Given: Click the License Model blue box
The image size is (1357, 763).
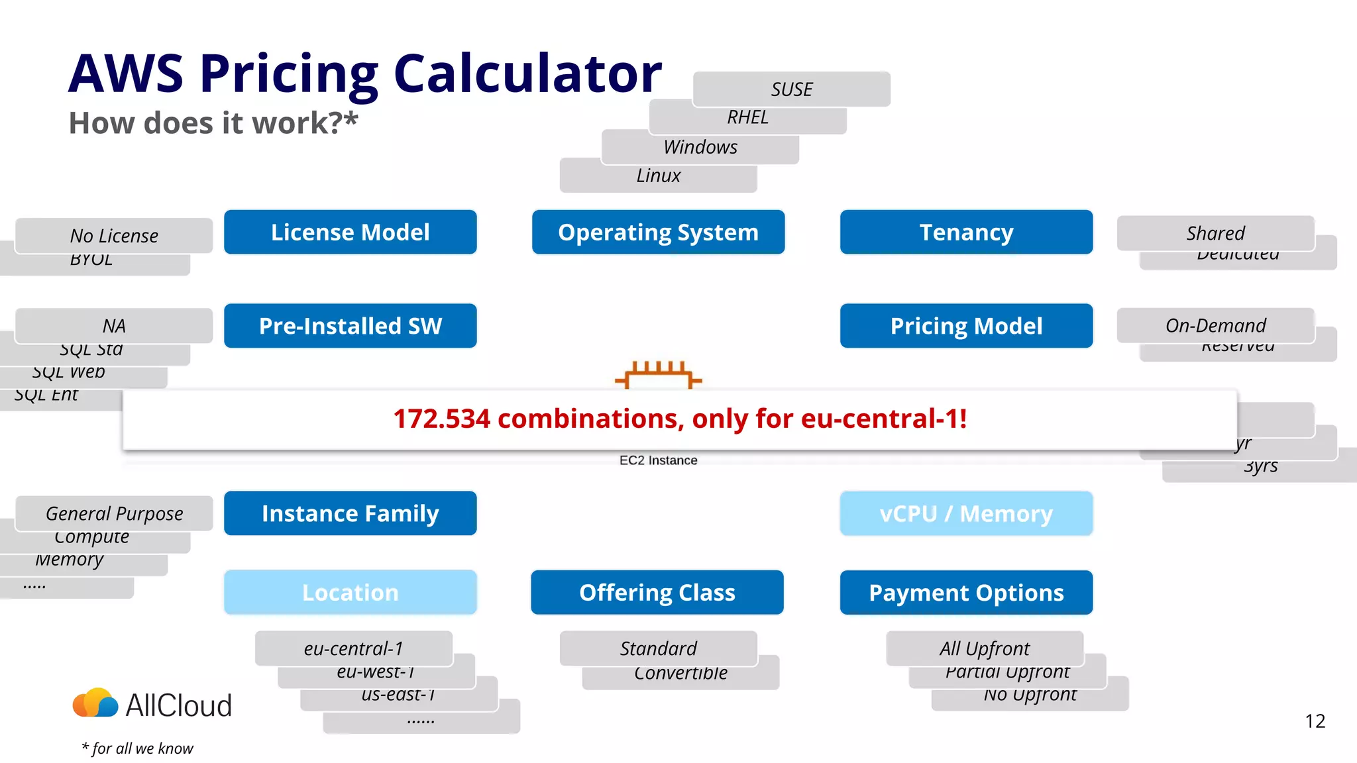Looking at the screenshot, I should pyautogui.click(x=350, y=232).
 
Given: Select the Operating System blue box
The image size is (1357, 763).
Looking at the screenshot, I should pyautogui.click(x=658, y=232).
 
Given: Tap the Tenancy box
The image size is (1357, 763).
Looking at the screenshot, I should pyautogui.click(x=966, y=232).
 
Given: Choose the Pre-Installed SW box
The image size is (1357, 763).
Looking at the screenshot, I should pyautogui.click(x=350, y=326).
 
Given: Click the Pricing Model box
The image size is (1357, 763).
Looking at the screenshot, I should pyautogui.click(x=966, y=326).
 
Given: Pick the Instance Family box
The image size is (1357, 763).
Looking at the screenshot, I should pyautogui.click(x=350, y=513).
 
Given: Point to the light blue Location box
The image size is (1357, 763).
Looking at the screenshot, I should pyautogui.click(x=350, y=592).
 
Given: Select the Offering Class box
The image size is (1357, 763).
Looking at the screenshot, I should pyautogui.click(x=657, y=592).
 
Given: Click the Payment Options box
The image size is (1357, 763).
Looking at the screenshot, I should pyautogui.click(x=966, y=592).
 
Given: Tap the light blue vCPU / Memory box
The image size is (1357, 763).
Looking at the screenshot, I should pyautogui.click(x=966, y=513).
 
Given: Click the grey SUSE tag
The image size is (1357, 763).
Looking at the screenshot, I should pyautogui.click(x=791, y=89).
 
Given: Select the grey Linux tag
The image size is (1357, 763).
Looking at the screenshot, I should pyautogui.click(x=658, y=176).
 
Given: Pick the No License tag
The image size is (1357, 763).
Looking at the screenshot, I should pyautogui.click(x=114, y=236).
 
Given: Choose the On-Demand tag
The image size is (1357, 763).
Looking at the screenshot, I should pyautogui.click(x=1215, y=325).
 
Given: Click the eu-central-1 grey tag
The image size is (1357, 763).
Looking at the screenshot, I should pyautogui.click(x=353, y=648).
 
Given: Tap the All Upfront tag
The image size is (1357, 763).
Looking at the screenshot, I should pyautogui.click(x=985, y=648).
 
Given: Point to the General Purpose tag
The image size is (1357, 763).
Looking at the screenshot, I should pyautogui.click(x=114, y=513).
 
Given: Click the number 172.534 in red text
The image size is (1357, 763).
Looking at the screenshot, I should pyautogui.click(x=441, y=419).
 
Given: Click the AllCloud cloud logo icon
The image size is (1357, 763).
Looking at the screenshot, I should pyautogui.click(x=95, y=703).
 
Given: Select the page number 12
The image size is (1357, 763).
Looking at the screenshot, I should pyautogui.click(x=1315, y=721).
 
